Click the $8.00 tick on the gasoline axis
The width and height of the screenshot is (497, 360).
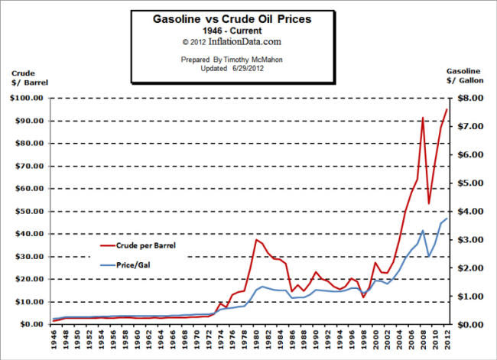[469, 99]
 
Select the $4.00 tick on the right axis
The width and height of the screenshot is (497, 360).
[469, 212]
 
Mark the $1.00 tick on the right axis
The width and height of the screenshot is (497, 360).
[469, 296]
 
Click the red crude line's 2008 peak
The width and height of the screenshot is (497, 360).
[423, 118]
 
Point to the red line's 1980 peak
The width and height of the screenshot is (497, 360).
[257, 240]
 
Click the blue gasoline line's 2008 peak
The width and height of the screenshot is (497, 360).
[423, 230]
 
